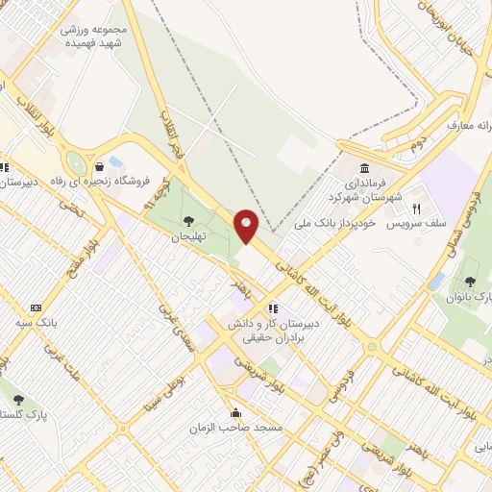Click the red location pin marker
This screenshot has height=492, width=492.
click(247, 226)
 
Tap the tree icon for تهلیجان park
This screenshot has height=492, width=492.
click(187, 222)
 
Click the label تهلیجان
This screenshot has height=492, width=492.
click(189, 236)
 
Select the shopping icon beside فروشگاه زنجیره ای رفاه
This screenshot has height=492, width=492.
click(100, 164)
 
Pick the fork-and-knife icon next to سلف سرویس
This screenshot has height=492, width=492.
click(417, 208)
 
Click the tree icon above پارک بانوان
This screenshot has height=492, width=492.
click(470, 282)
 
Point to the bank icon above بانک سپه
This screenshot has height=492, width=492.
click(37, 307)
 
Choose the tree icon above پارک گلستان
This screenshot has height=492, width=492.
click(19, 400)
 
